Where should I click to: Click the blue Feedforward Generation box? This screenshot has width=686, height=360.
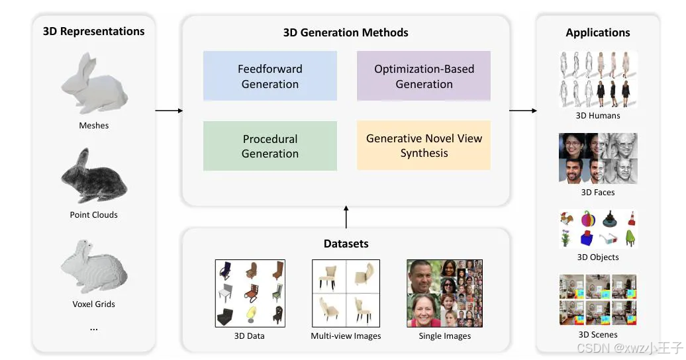click(x=269, y=76)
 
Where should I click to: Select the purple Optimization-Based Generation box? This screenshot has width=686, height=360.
click(x=424, y=76)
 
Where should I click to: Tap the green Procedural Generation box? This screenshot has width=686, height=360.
click(x=269, y=146)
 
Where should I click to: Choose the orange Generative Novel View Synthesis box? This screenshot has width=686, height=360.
click(x=424, y=146)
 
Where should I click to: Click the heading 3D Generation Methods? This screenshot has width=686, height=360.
click(x=346, y=32)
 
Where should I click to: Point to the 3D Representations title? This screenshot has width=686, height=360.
click(x=93, y=31)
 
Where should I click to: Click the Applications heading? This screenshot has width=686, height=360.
click(x=597, y=32)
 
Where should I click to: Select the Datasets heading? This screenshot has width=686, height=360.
click(x=346, y=244)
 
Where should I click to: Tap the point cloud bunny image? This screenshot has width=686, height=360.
click(x=93, y=176)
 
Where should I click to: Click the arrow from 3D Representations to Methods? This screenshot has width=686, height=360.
click(x=169, y=111)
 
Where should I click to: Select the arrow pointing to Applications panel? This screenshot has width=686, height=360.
click(x=523, y=111)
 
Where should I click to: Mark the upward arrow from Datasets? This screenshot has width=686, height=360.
click(x=346, y=216)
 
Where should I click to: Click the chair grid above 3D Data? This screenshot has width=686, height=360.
click(x=250, y=293)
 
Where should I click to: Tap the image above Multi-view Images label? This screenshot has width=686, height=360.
click(x=346, y=293)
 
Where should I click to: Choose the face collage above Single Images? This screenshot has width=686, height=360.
click(x=445, y=293)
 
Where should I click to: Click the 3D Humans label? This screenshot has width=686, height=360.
click(x=598, y=116)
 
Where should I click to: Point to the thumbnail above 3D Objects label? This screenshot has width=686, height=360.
click(x=598, y=228)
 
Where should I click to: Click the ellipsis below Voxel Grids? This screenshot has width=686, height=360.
click(x=93, y=328)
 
